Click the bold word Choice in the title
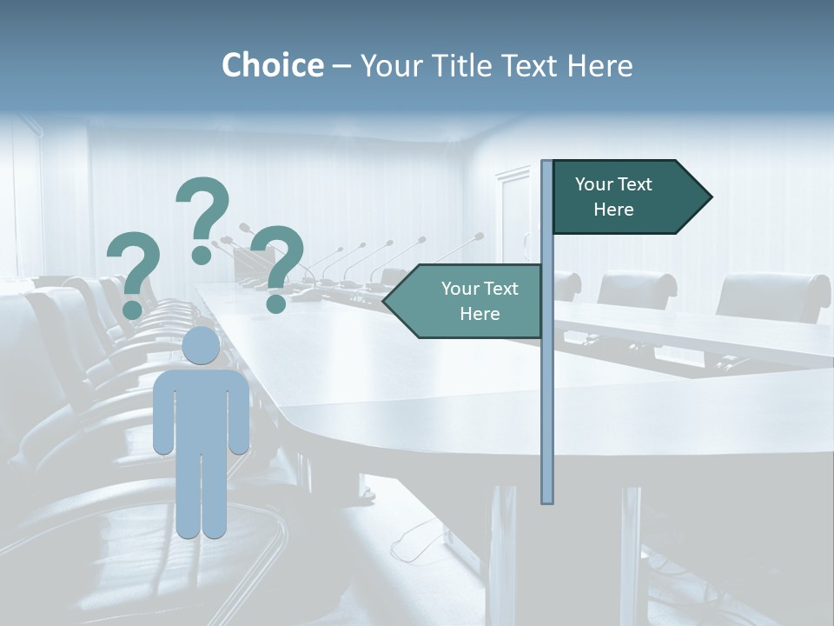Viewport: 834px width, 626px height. [x=272, y=65]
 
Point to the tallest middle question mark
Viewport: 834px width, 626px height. [x=203, y=217]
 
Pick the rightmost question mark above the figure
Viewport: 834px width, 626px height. [x=278, y=265]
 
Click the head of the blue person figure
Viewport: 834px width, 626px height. [x=201, y=346]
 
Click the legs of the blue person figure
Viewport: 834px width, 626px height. [x=201, y=496]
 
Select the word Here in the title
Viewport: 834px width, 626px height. [x=600, y=65]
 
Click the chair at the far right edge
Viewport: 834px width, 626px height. [x=773, y=296]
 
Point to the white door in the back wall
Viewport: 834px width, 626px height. [x=513, y=213]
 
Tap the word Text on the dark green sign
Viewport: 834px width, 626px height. [x=634, y=184]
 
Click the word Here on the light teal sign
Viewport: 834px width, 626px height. [x=480, y=314]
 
